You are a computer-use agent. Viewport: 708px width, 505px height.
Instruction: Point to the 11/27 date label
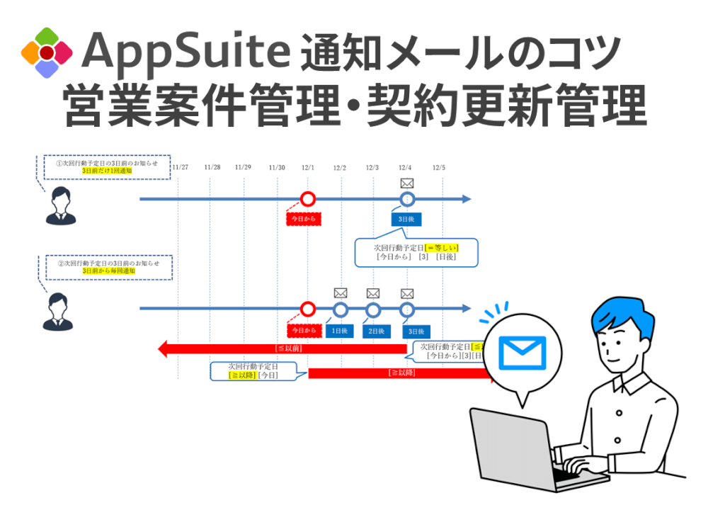click(180, 168)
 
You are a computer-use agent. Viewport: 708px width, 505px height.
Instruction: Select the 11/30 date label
click(277, 168)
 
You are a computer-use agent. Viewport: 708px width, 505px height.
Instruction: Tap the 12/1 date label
click(308, 168)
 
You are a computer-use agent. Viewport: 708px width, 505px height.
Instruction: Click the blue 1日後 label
click(340, 331)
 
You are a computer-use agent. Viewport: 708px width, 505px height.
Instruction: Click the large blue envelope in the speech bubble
click(522, 353)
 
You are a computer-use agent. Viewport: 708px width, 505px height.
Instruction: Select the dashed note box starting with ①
click(107, 166)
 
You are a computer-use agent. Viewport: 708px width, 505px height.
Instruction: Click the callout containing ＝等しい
click(416, 251)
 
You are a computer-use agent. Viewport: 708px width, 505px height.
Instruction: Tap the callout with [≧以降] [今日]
click(253, 371)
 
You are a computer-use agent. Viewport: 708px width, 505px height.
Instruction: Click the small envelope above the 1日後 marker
click(341, 293)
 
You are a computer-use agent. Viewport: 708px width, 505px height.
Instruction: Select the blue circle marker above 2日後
click(373, 310)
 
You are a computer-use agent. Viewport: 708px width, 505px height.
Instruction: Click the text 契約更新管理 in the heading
click(506, 107)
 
